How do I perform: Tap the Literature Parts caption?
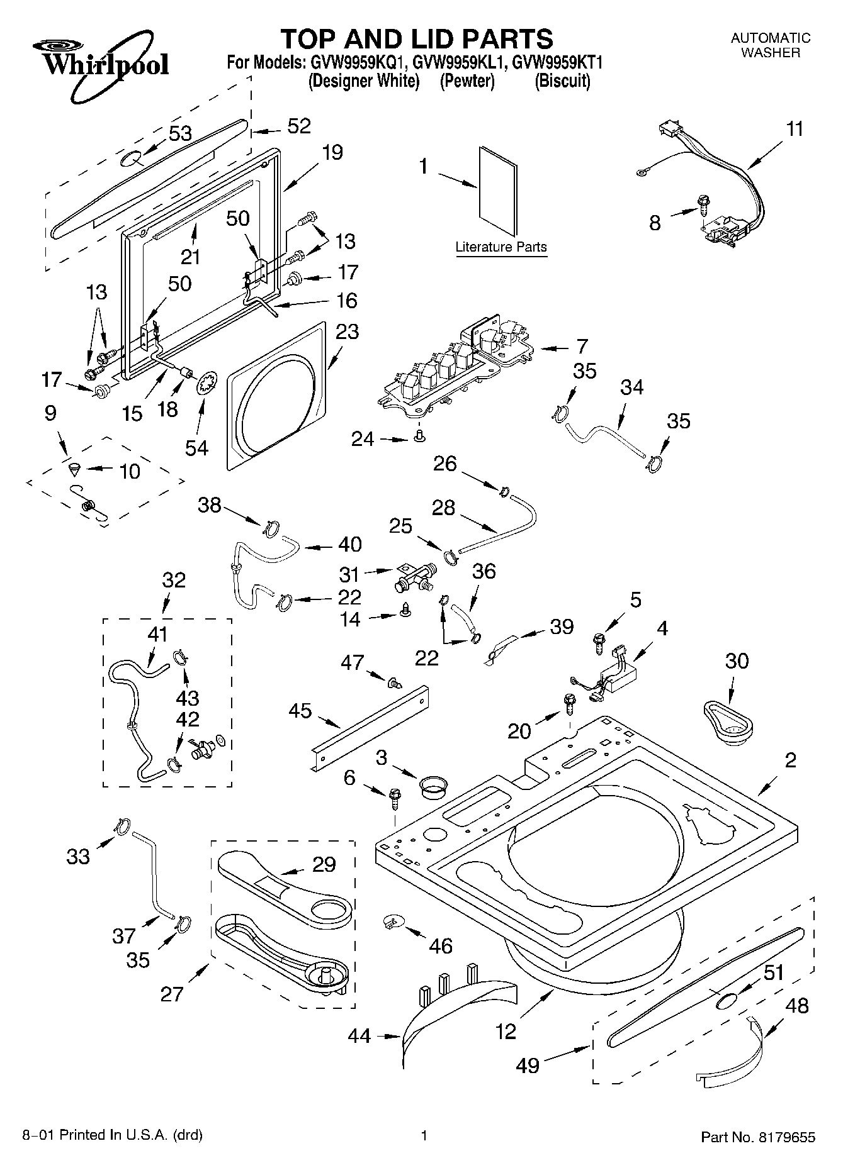click(x=501, y=247)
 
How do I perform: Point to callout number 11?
click(x=795, y=129)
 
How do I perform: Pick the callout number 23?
click(x=347, y=331)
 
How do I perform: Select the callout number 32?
click(x=174, y=579)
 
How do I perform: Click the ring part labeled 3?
click(x=433, y=786)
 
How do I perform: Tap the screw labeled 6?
click(x=395, y=799)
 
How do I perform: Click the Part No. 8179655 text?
click(x=758, y=1137)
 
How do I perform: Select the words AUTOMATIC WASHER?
click(x=770, y=45)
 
